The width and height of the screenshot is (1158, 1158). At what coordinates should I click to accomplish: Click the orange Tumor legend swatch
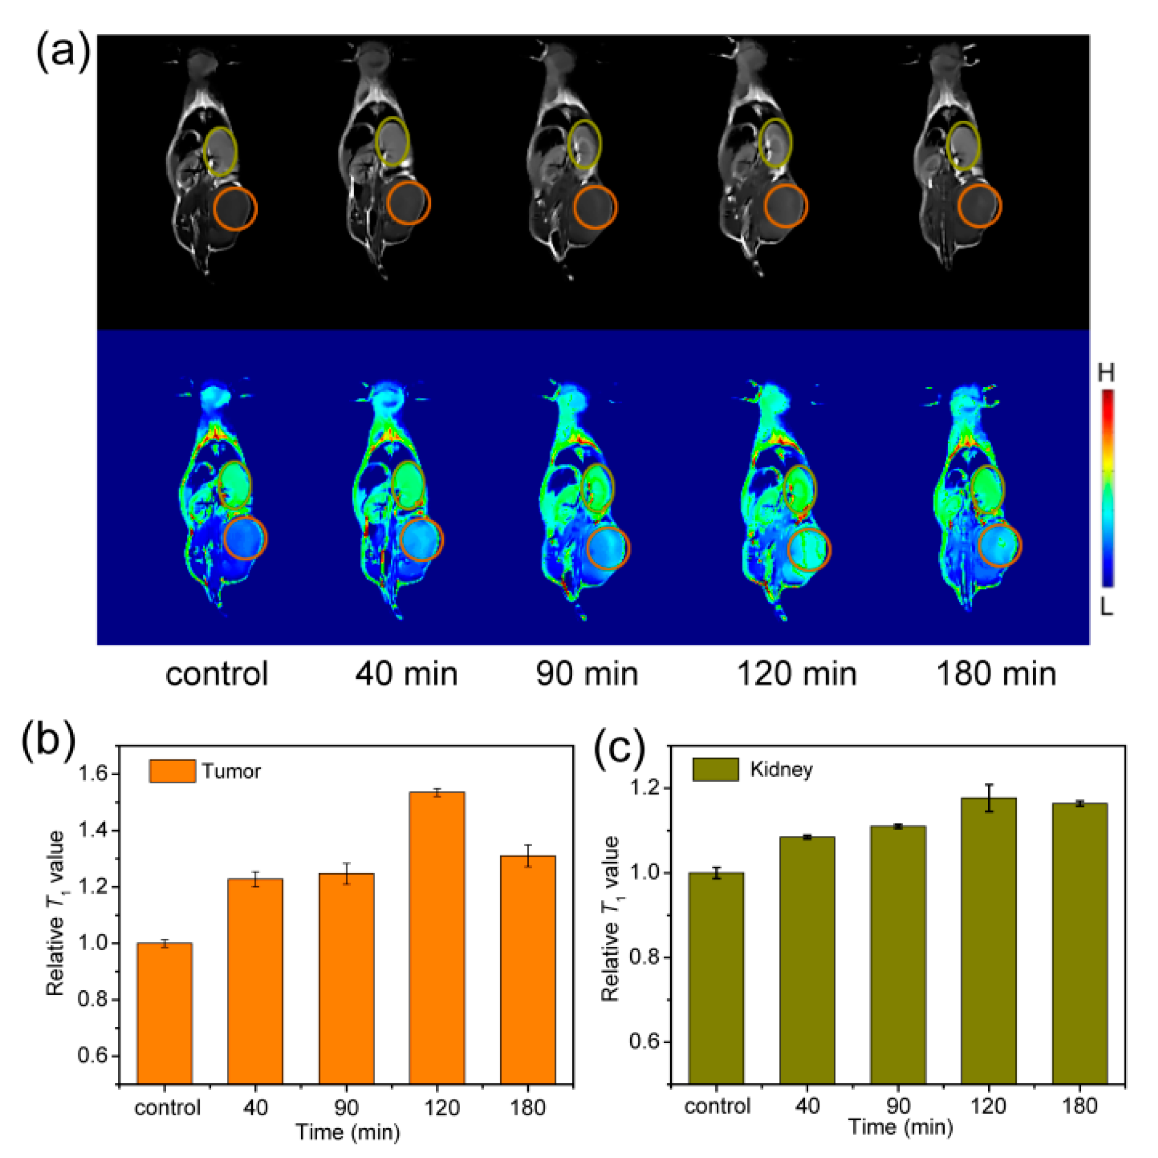point(172,771)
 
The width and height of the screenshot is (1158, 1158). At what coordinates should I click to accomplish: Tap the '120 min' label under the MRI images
point(796,673)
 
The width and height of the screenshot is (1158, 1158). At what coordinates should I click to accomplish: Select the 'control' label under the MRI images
point(217,673)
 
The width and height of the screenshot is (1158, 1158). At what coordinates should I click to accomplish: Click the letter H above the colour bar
point(1106,374)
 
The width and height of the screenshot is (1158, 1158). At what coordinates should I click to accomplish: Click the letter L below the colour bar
point(1106,608)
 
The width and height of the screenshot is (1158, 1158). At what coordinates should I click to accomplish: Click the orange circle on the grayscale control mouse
point(235,208)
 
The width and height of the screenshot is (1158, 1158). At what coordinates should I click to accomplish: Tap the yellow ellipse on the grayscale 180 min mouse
point(963,145)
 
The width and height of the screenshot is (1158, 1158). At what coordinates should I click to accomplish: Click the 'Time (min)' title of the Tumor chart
point(347,1131)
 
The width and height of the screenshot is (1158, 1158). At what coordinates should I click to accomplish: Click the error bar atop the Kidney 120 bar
point(989,797)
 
